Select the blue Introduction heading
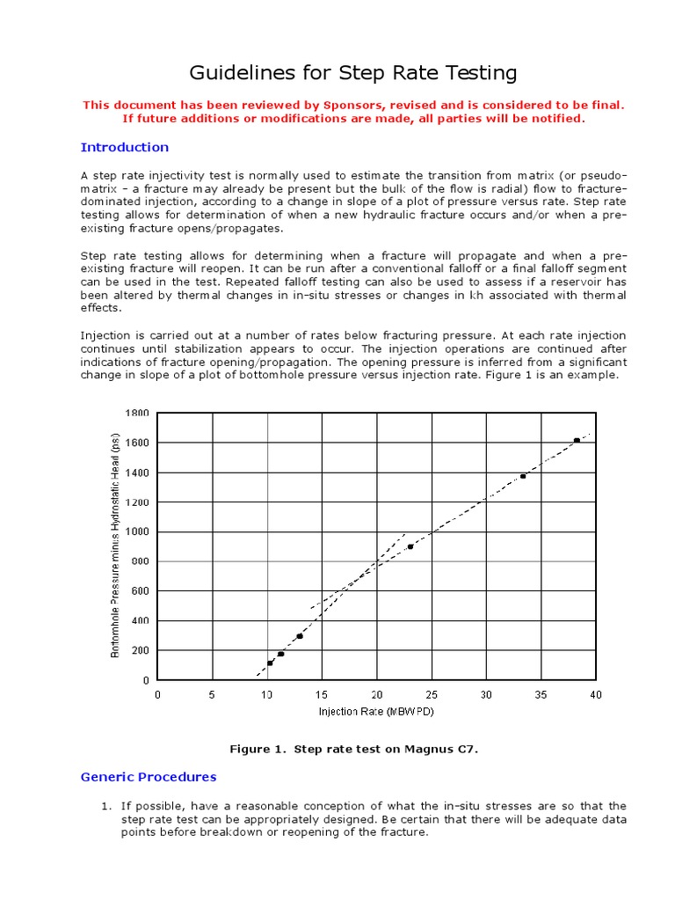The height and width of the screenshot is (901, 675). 125,147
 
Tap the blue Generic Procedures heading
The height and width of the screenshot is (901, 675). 149,777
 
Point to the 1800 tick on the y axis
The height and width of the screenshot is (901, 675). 137,413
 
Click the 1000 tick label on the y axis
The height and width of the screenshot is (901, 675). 137,531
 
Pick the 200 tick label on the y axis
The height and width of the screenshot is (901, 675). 141,650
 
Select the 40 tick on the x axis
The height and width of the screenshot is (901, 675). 595,694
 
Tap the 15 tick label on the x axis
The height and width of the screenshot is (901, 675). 322,694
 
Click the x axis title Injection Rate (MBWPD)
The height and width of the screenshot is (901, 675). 376,711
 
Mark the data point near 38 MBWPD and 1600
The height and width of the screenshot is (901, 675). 577,440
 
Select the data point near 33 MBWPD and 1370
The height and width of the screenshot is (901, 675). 523,476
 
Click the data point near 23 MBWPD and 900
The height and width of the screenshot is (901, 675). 410,546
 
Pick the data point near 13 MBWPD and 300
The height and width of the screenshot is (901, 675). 300,636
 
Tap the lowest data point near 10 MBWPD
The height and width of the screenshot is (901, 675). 270,663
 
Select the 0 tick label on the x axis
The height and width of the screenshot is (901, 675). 158,694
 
